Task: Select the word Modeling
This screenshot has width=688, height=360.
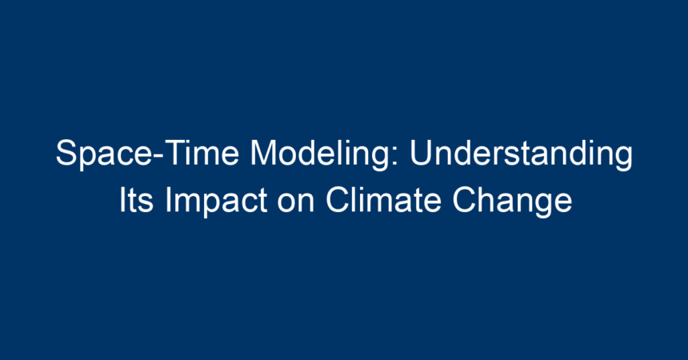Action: (320, 154)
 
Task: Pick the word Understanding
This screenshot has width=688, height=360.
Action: (521, 154)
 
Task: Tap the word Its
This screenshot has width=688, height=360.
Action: (137, 200)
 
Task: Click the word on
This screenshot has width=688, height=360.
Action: (296, 204)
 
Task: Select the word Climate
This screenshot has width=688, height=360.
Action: (383, 200)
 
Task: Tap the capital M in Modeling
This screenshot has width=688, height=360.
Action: (264, 152)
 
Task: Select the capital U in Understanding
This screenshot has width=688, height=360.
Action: (422, 153)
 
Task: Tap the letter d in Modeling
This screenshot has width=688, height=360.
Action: (310, 153)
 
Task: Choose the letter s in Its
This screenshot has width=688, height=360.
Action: (146, 204)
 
